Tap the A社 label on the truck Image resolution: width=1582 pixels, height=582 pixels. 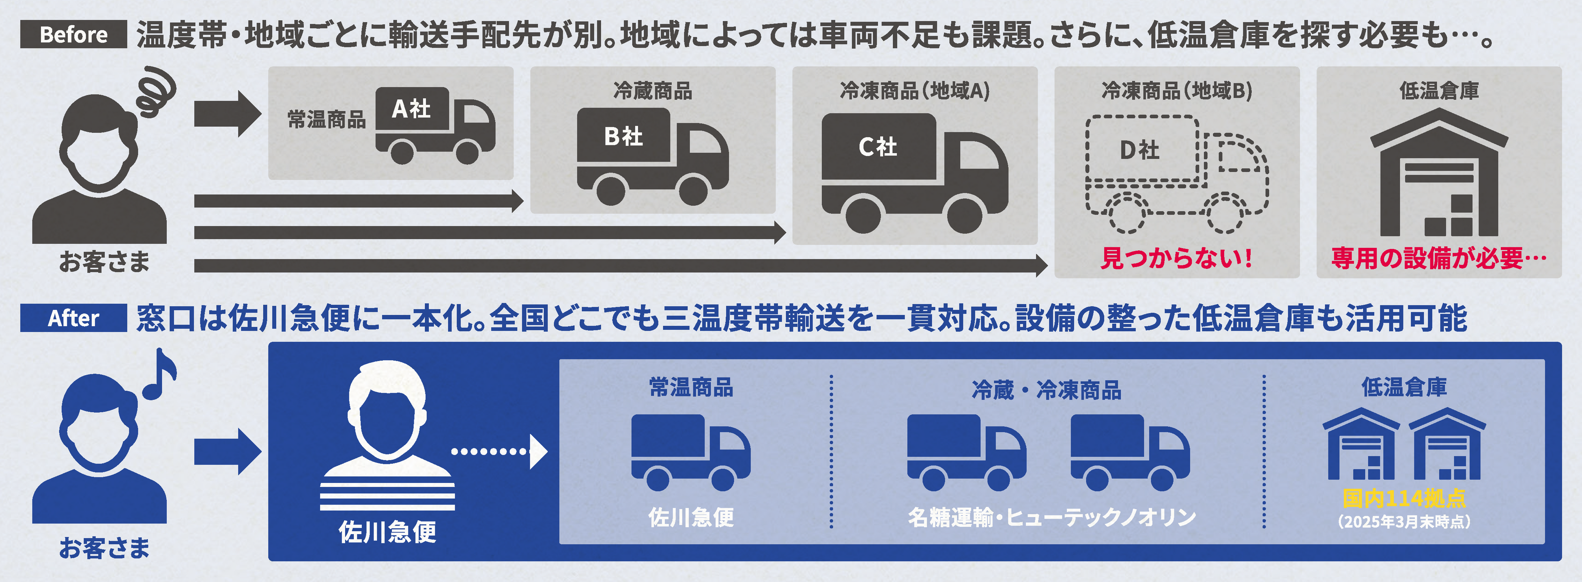click(x=411, y=109)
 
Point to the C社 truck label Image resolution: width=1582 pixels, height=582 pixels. click(x=877, y=147)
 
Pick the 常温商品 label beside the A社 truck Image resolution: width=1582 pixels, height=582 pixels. click(x=327, y=119)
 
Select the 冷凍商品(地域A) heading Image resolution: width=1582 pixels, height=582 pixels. click(x=914, y=91)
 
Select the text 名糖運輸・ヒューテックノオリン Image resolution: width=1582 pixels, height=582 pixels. click(x=1051, y=517)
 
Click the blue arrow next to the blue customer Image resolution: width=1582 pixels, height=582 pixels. click(x=227, y=452)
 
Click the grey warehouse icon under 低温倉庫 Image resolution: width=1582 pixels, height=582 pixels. click(x=1438, y=174)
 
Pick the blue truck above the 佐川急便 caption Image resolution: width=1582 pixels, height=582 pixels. click(x=690, y=452)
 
